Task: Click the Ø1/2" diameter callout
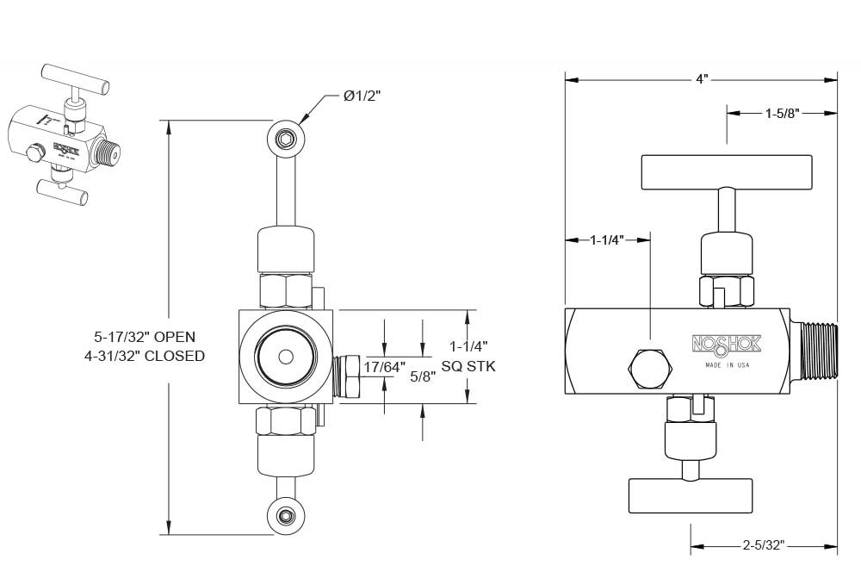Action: tap(362, 96)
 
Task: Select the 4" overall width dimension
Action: tap(702, 79)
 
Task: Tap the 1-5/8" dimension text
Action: tap(783, 112)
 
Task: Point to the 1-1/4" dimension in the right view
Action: tap(607, 240)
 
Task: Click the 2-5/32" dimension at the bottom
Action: tap(763, 544)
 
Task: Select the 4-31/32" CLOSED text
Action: tap(146, 355)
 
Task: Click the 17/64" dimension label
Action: tap(384, 367)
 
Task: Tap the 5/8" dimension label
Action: tap(423, 376)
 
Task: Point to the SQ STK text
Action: tap(468, 366)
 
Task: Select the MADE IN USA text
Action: tap(727, 365)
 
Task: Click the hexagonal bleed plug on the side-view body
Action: tap(647, 368)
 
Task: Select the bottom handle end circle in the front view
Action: tap(285, 516)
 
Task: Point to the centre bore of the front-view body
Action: tap(284, 357)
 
